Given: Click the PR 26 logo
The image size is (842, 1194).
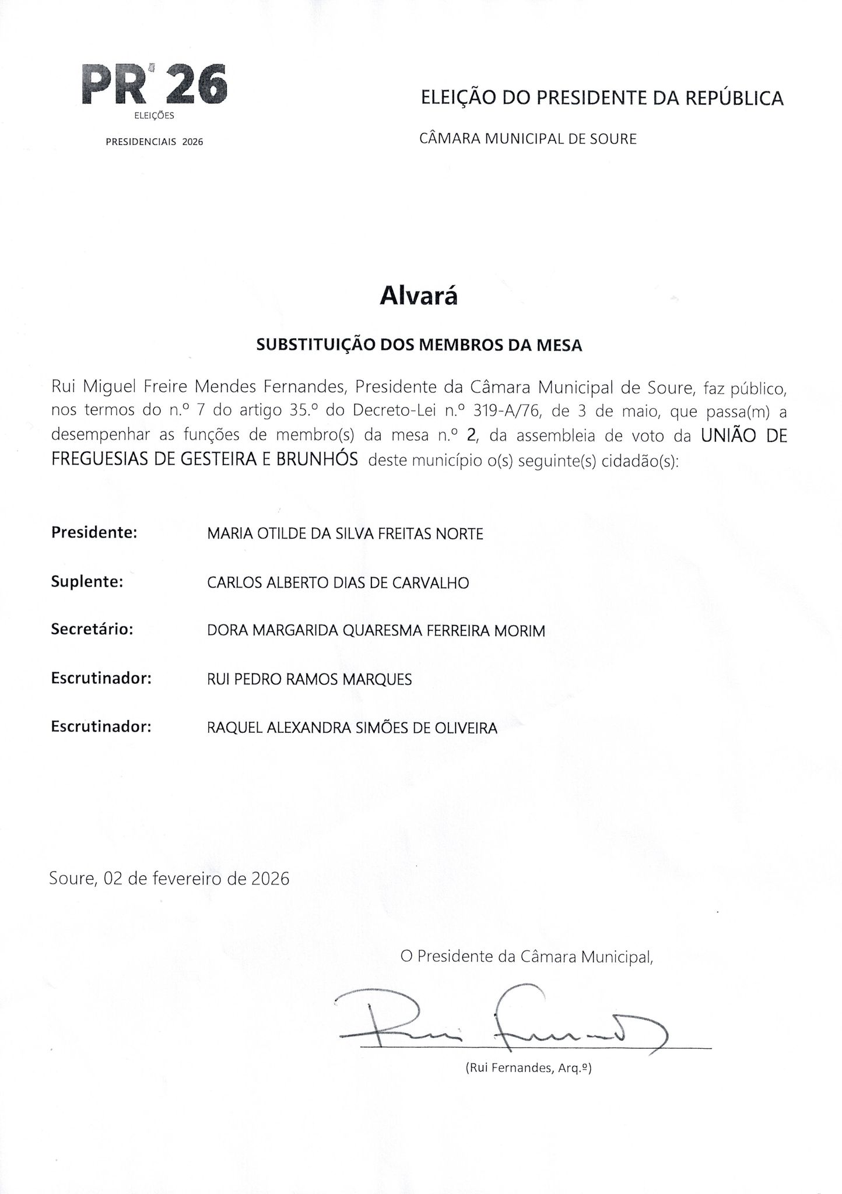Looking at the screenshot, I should click(154, 86).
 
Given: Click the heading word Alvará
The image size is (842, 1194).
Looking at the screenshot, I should click(419, 296).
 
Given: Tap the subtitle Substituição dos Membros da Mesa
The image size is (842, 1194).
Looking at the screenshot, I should click(419, 345).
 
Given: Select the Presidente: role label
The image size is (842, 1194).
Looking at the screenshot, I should click(94, 533).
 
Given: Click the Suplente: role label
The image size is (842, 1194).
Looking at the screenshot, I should click(87, 582).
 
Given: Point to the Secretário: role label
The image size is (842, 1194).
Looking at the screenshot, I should click(93, 630).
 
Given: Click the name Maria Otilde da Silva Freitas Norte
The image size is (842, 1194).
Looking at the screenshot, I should click(345, 534).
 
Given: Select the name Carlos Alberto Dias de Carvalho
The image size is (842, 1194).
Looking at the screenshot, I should click(338, 583).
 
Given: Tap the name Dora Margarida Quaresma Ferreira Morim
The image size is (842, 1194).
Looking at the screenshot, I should click(376, 631).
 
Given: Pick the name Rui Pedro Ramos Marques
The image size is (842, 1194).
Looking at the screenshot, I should click(309, 679).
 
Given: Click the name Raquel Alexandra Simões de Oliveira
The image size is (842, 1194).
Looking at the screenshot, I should click(352, 728).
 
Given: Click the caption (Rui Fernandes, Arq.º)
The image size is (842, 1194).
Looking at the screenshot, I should click(528, 1069).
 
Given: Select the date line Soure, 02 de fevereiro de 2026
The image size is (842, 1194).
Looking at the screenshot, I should click(169, 878).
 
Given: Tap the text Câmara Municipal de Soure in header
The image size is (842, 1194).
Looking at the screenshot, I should click(528, 139).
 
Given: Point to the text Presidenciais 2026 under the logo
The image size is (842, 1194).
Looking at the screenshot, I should click(154, 142).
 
